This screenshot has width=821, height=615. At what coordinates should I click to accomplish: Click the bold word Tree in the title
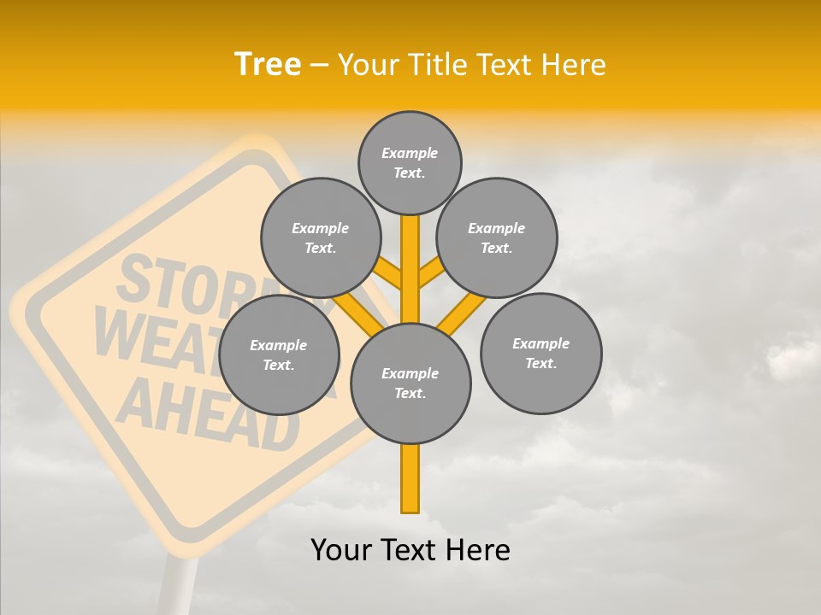click(x=268, y=64)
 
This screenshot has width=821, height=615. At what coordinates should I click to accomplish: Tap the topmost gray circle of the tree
click(x=410, y=162)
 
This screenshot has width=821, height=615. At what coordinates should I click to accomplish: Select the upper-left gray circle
click(x=321, y=238)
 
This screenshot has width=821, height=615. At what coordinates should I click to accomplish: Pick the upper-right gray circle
click(x=497, y=238)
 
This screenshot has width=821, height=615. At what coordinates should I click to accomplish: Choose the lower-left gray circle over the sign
click(x=279, y=355)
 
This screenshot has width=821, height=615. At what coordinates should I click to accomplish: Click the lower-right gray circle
click(x=540, y=354)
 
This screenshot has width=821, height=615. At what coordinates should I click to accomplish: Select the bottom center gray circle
click(x=410, y=384)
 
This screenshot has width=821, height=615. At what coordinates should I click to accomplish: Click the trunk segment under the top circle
click(x=410, y=256)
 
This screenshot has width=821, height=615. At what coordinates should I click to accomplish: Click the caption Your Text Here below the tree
click(x=410, y=550)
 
